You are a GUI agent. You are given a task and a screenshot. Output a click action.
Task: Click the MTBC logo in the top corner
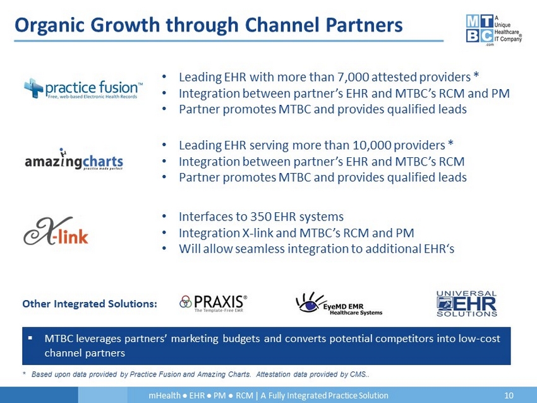tap(493, 30)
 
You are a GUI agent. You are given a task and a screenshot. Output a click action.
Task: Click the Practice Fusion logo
tap(83, 88)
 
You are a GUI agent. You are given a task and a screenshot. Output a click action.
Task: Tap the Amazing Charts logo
tap(74, 160)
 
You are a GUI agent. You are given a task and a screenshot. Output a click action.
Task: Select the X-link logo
tap(56, 231)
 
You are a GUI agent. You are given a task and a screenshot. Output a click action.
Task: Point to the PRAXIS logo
tap(213, 303)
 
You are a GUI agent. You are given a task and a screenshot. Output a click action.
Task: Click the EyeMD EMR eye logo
tap(339, 304)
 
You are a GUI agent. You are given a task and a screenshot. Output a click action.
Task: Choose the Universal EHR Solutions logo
tap(466, 304)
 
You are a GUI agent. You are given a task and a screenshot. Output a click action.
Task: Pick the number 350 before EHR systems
tap(261, 217)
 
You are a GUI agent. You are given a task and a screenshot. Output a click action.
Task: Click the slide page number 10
tap(509, 395)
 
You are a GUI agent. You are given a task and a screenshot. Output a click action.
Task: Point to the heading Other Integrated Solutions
tap(90, 304)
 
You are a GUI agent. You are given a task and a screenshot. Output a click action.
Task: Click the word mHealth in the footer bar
tap(164, 395)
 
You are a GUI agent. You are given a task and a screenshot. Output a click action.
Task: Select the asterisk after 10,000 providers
tap(450, 143)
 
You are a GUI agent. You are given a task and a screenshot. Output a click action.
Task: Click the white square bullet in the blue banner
tap(30, 338)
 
